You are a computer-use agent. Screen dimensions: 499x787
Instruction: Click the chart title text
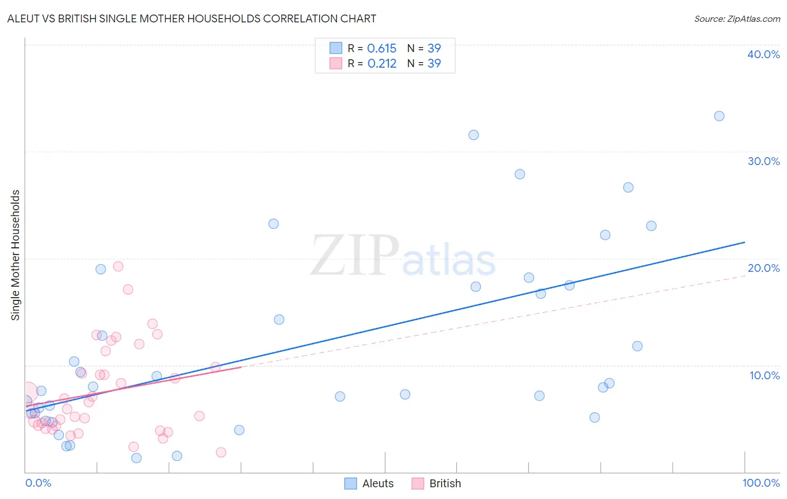tap(191, 18)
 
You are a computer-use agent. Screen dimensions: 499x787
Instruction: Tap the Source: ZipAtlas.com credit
tap(737, 18)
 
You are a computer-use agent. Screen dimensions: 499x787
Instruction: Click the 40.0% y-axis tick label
tap(763, 54)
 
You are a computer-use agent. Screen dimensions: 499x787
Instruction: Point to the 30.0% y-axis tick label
tap(763, 161)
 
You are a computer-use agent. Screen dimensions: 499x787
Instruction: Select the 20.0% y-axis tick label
tap(763, 268)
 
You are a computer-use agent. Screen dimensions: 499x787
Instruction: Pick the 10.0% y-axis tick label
tap(765, 375)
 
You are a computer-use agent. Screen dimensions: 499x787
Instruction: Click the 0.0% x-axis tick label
tap(38, 483)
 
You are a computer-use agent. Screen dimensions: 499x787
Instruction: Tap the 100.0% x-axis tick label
tap(761, 483)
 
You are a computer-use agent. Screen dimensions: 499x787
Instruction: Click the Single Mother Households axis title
tap(16, 255)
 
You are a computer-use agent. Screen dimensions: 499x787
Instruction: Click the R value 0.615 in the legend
tap(382, 48)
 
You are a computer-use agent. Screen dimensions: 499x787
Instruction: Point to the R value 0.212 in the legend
tap(382, 63)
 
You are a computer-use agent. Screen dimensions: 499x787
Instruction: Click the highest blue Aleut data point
tap(719, 116)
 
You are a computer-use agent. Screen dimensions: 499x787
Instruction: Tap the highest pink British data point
tap(118, 266)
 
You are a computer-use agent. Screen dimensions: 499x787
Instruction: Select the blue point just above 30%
tap(474, 135)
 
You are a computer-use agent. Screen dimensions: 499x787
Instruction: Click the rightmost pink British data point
tap(221, 453)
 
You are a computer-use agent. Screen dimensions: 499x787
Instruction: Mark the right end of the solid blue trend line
tap(744, 242)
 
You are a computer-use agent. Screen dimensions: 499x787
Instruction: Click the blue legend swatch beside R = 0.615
tap(336, 48)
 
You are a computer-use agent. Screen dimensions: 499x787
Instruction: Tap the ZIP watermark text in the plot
tap(355, 256)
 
